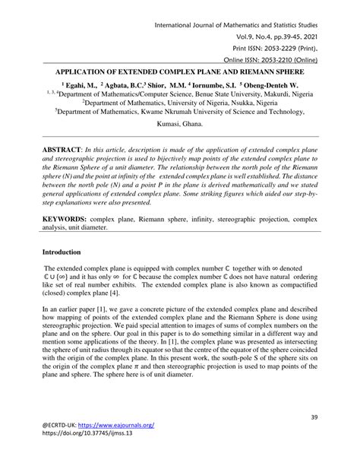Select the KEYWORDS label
point(71,219)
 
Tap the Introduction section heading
point(66,252)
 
